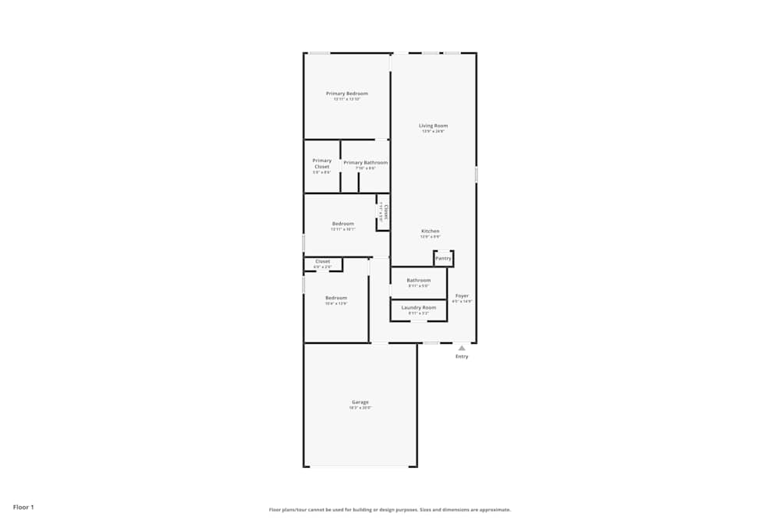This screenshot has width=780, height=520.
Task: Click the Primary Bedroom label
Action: point(346,94)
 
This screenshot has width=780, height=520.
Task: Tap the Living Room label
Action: point(433,126)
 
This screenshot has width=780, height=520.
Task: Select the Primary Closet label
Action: point(322,164)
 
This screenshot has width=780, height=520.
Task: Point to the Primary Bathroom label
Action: point(365,163)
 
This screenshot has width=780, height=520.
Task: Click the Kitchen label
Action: point(431,231)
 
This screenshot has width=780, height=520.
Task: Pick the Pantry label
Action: point(443,258)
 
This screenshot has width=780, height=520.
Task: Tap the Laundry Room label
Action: point(419,308)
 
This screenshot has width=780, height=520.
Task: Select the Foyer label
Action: point(463,295)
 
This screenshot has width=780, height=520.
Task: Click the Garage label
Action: point(360,402)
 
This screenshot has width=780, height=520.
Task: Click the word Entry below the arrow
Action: point(462,356)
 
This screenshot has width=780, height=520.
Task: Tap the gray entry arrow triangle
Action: point(462,348)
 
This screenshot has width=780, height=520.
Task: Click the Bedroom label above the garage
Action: point(336,298)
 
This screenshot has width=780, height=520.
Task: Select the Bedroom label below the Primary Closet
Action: point(342,224)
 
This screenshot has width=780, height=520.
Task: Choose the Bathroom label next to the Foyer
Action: point(419,280)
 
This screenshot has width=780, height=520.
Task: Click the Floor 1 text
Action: point(23,507)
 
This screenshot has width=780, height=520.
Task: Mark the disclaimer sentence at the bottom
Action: point(390,509)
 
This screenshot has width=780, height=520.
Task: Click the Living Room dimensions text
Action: point(433,132)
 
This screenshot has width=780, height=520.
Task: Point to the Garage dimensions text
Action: point(360,408)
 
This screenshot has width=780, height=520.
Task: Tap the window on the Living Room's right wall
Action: point(476,175)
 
